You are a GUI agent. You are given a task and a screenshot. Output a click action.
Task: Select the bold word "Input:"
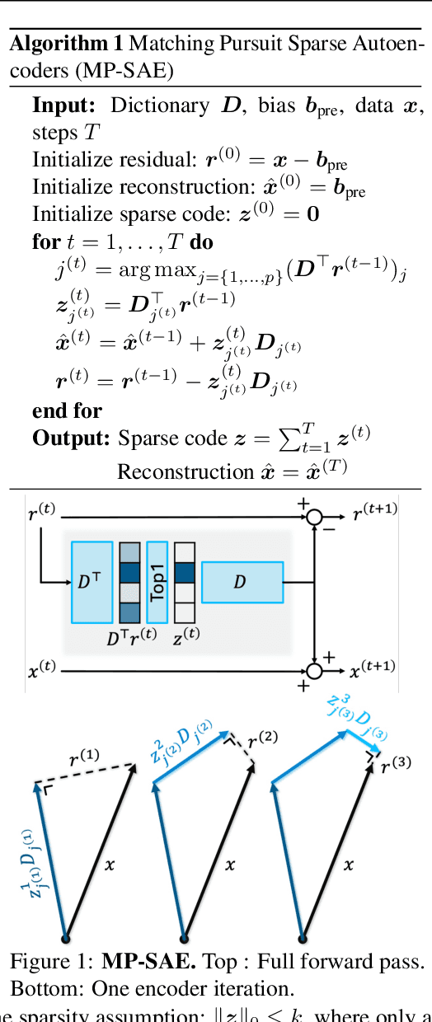coord(67,105)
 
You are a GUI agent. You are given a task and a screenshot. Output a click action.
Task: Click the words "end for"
coord(67,410)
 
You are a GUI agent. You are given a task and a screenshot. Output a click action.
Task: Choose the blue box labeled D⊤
coord(92,582)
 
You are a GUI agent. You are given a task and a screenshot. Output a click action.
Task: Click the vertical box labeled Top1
coord(157,582)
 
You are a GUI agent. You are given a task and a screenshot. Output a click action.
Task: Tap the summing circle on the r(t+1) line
coord(313,518)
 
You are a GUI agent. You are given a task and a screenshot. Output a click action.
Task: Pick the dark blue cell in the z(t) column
coord(184,572)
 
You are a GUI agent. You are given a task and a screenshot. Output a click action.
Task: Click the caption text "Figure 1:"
coord(52,962)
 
